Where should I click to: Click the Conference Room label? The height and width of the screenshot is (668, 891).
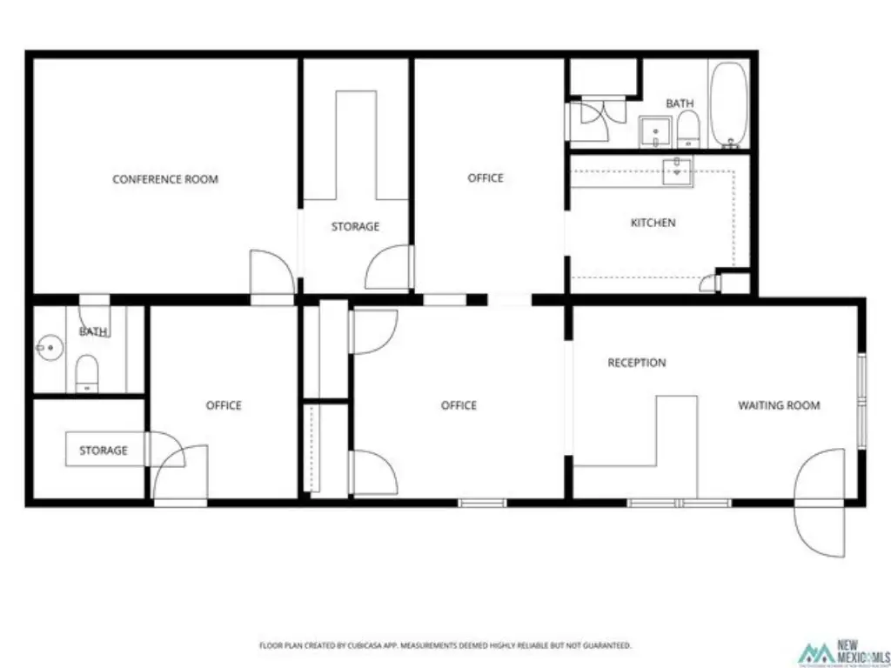(165, 179)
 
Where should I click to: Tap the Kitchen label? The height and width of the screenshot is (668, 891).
(653, 223)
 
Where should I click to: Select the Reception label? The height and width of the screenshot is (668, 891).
(637, 363)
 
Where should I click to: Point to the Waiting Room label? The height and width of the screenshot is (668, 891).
(779, 405)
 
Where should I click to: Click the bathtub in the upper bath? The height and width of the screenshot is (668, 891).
(728, 104)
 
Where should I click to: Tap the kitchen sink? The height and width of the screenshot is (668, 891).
(677, 172)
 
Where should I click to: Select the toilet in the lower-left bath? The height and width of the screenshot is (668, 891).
(87, 373)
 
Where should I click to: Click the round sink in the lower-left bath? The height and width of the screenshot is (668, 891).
(50, 347)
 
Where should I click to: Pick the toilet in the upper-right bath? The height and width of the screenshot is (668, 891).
(688, 129)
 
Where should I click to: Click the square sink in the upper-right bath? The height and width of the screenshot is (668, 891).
(655, 132)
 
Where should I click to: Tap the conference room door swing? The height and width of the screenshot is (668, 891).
(272, 272)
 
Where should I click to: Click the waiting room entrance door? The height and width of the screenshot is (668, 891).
(820, 502)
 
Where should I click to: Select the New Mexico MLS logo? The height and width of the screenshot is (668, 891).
(842, 652)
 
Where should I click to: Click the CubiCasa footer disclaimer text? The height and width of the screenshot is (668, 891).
(445, 645)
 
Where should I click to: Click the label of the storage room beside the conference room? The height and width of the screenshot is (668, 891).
(355, 227)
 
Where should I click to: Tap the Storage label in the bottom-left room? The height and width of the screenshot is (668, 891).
(104, 451)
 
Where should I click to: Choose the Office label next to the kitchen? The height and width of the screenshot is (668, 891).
(486, 177)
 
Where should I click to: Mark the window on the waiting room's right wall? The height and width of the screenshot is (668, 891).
(862, 400)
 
